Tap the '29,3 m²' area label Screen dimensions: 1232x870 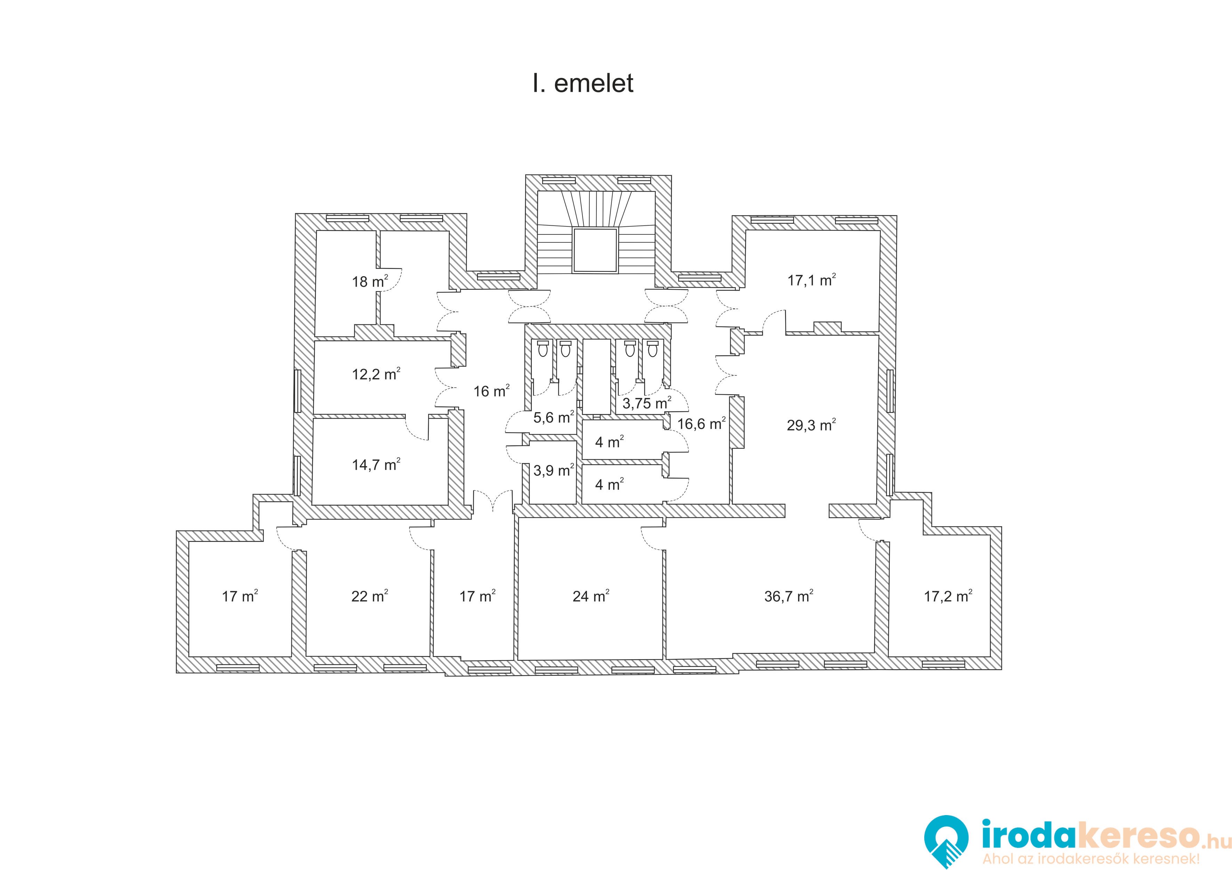[811, 425]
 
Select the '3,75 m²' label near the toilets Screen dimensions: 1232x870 [646, 403]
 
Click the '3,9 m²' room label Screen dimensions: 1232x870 [554, 471]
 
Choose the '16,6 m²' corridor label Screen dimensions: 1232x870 [701, 424]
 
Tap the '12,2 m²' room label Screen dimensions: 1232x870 [376, 374]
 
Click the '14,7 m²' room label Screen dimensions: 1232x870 [376, 464]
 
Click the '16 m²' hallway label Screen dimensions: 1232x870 [491, 391]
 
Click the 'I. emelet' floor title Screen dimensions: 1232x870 [583, 83]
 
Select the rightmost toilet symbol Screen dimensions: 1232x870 [652, 348]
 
